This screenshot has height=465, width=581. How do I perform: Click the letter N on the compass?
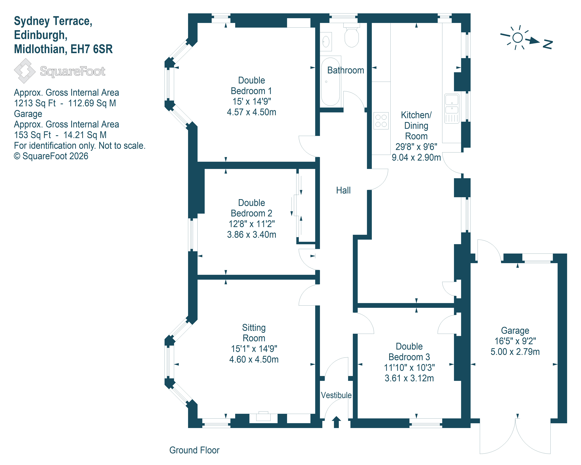pos(548,45)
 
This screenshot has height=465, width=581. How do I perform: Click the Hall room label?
pos(343,190)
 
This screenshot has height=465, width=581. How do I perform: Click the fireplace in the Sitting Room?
pos(263,417)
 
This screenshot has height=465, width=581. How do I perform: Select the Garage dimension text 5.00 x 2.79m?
pos(515,352)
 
